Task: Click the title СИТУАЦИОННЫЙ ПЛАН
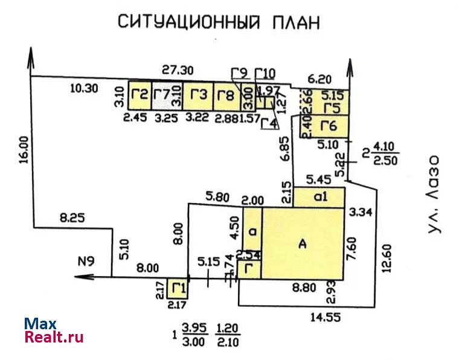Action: point(217,22)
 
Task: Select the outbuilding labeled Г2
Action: point(140,95)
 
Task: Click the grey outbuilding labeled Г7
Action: point(162,95)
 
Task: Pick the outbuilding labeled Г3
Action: point(198,95)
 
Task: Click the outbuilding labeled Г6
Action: point(329,126)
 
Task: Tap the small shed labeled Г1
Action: point(178,288)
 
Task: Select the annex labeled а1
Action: point(319,196)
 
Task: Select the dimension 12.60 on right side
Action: point(387,257)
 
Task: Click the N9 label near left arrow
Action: point(87,262)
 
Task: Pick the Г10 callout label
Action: point(265,74)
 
